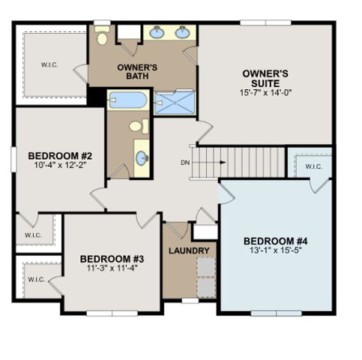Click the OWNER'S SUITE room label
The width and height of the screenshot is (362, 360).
[265, 78]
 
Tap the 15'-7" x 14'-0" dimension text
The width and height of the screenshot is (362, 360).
[266, 93]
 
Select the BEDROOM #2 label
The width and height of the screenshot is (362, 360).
[60, 156]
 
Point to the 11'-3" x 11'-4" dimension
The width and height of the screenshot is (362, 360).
[112, 268]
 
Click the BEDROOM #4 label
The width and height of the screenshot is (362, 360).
[276, 241]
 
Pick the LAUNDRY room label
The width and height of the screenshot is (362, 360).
[189, 250]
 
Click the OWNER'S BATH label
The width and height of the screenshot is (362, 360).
[137, 71]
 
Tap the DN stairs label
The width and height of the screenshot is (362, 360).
[185, 163]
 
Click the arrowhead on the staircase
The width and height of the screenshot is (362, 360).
[223, 162]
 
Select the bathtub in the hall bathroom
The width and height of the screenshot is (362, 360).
[128, 100]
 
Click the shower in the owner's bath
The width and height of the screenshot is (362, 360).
[175, 103]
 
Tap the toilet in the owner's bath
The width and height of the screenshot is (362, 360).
[102, 36]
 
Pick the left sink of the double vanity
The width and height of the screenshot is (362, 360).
[157, 33]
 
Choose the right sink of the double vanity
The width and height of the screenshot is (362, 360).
[183, 33]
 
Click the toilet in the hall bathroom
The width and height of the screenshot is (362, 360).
[139, 127]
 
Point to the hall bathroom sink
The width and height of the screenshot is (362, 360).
[142, 158]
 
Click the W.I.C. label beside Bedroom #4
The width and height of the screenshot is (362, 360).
[314, 166]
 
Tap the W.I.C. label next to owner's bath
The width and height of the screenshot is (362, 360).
[49, 65]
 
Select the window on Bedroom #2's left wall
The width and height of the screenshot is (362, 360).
[13, 160]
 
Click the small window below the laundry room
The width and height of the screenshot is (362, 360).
[190, 301]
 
